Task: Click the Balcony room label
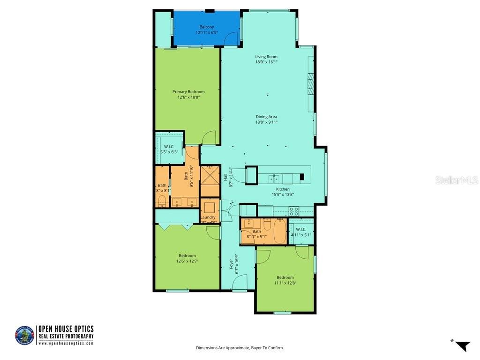pyautogui.click(x=207, y=27)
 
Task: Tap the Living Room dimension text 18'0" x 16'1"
pyautogui.click(x=266, y=62)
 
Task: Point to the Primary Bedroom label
pyautogui.click(x=188, y=92)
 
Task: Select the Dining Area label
pyautogui.click(x=266, y=117)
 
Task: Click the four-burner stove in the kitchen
pyautogui.click(x=294, y=211)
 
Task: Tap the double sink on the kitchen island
pyautogui.click(x=275, y=179)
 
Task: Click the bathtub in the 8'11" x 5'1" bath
pyautogui.click(x=279, y=232)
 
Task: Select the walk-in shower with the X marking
pyautogui.click(x=210, y=181)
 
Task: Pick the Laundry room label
pyautogui.click(x=208, y=217)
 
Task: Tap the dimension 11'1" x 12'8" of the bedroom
pyautogui.click(x=285, y=283)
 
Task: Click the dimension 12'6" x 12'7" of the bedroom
pyautogui.click(x=187, y=261)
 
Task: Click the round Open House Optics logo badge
pyautogui.click(x=24, y=336)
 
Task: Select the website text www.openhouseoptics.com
pyautogui.click(x=66, y=343)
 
